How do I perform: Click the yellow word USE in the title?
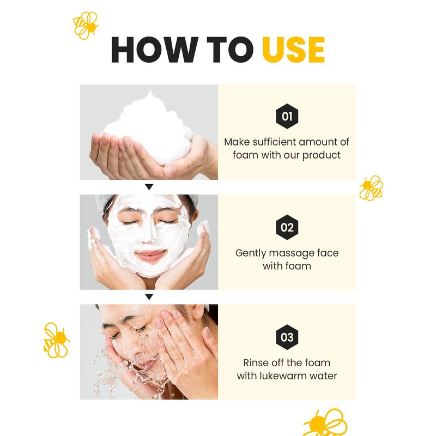(x=293, y=50)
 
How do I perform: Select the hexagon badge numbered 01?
(x=287, y=116)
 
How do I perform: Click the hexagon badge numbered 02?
(x=287, y=227)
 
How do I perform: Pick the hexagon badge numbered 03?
(x=287, y=337)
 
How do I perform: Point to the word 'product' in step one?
(x=321, y=155)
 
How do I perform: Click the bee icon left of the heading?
(x=86, y=25)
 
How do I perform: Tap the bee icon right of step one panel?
(x=371, y=188)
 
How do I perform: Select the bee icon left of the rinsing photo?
(x=57, y=340)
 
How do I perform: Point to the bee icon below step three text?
(x=325, y=423)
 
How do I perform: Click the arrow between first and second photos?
(x=149, y=187)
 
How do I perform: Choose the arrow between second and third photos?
(x=149, y=297)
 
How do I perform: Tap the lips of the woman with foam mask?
(x=150, y=255)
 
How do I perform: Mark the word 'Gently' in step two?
(x=251, y=253)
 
